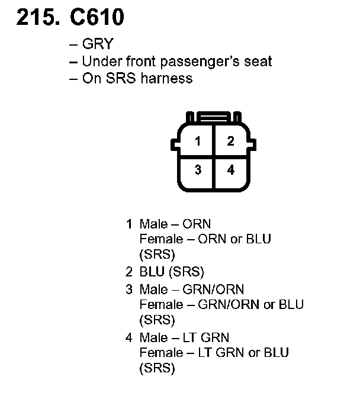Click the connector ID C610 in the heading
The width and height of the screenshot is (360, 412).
(98, 18)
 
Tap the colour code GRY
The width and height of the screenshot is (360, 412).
(97, 45)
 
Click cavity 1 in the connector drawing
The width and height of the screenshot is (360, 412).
(198, 141)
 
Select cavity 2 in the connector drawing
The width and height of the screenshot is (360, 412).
(231, 141)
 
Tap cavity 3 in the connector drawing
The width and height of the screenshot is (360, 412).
(198, 170)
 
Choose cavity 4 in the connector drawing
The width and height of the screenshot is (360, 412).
(231, 170)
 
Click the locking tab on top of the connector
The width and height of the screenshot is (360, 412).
(214, 116)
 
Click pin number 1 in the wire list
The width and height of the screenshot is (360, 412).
(128, 224)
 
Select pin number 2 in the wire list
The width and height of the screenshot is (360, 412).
(128, 272)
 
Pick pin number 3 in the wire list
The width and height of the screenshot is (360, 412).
(128, 289)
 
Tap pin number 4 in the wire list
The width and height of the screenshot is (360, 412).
(128, 338)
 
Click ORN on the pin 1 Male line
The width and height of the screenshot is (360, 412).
(197, 224)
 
